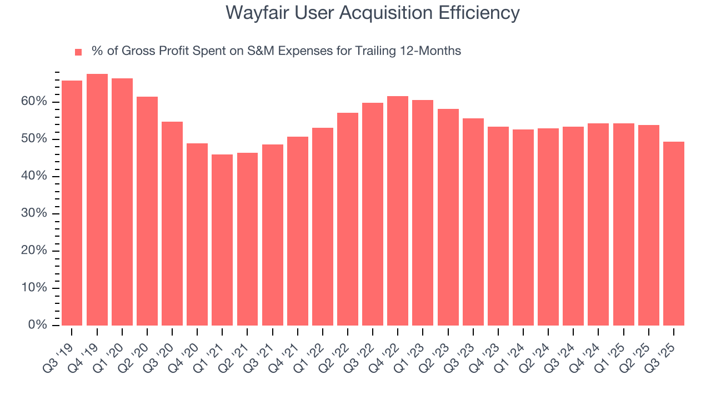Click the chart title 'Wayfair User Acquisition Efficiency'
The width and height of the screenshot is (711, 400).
click(x=373, y=13)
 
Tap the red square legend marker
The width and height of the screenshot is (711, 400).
click(x=78, y=52)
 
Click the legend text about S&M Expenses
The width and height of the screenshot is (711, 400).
click(x=276, y=51)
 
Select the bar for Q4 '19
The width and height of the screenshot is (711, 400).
click(x=97, y=199)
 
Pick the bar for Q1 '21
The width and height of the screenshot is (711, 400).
click(x=222, y=239)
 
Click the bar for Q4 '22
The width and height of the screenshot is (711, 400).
click(x=398, y=211)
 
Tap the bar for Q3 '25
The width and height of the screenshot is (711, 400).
click(x=673, y=233)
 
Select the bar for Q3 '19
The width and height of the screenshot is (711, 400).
click(x=72, y=203)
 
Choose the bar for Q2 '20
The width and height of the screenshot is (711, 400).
click(x=147, y=211)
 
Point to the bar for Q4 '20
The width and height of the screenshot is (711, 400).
click(x=197, y=234)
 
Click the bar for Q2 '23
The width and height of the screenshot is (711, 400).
click(x=448, y=217)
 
